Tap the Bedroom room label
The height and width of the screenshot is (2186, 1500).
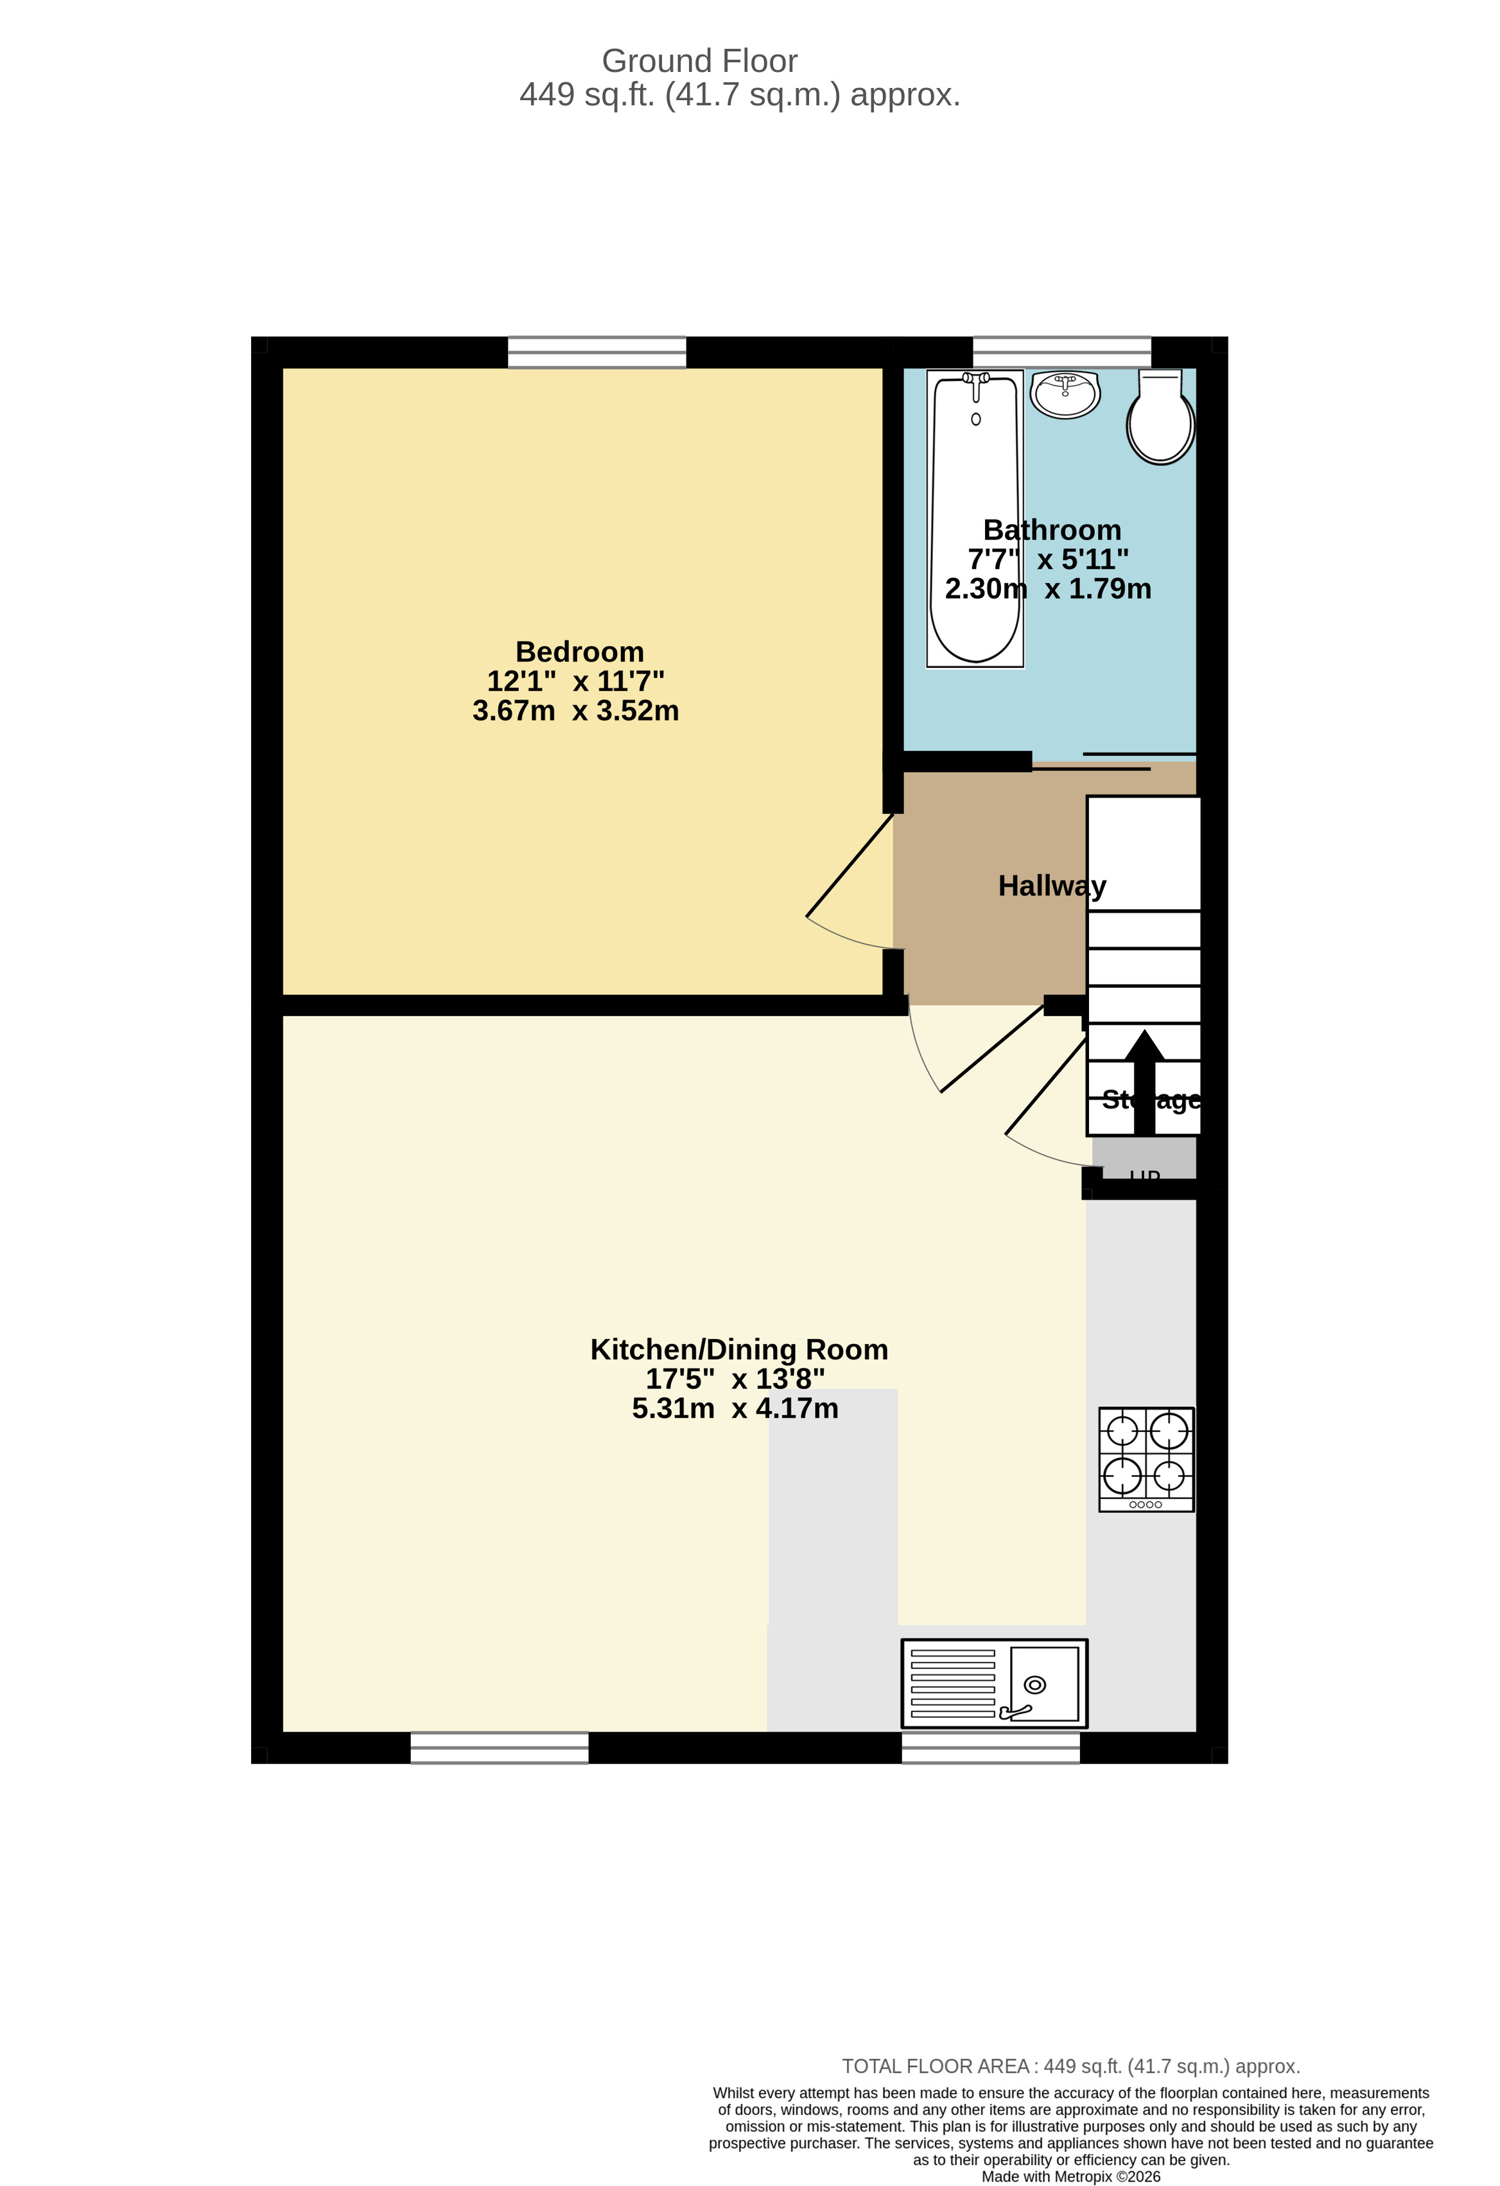[x=579, y=652]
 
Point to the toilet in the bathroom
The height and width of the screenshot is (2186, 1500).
[x=1160, y=421]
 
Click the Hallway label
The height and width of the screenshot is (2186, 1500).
[x=1051, y=886]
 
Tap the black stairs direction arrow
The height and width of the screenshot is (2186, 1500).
[x=1144, y=1081]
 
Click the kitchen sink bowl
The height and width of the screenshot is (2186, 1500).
[x=1044, y=1684]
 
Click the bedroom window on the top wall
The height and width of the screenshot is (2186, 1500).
[x=597, y=353]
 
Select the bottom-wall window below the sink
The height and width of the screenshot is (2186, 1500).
[x=990, y=1747]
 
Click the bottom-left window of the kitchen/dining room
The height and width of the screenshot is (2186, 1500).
[x=500, y=1747]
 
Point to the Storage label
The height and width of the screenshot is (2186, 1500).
[x=1151, y=1099]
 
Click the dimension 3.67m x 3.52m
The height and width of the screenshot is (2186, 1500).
[x=575, y=711]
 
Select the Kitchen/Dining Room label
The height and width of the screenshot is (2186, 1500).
[x=738, y=1350]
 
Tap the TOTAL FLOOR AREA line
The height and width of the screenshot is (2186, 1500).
[x=1070, y=2067]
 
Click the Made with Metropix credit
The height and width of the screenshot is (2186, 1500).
[x=1070, y=2176]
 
